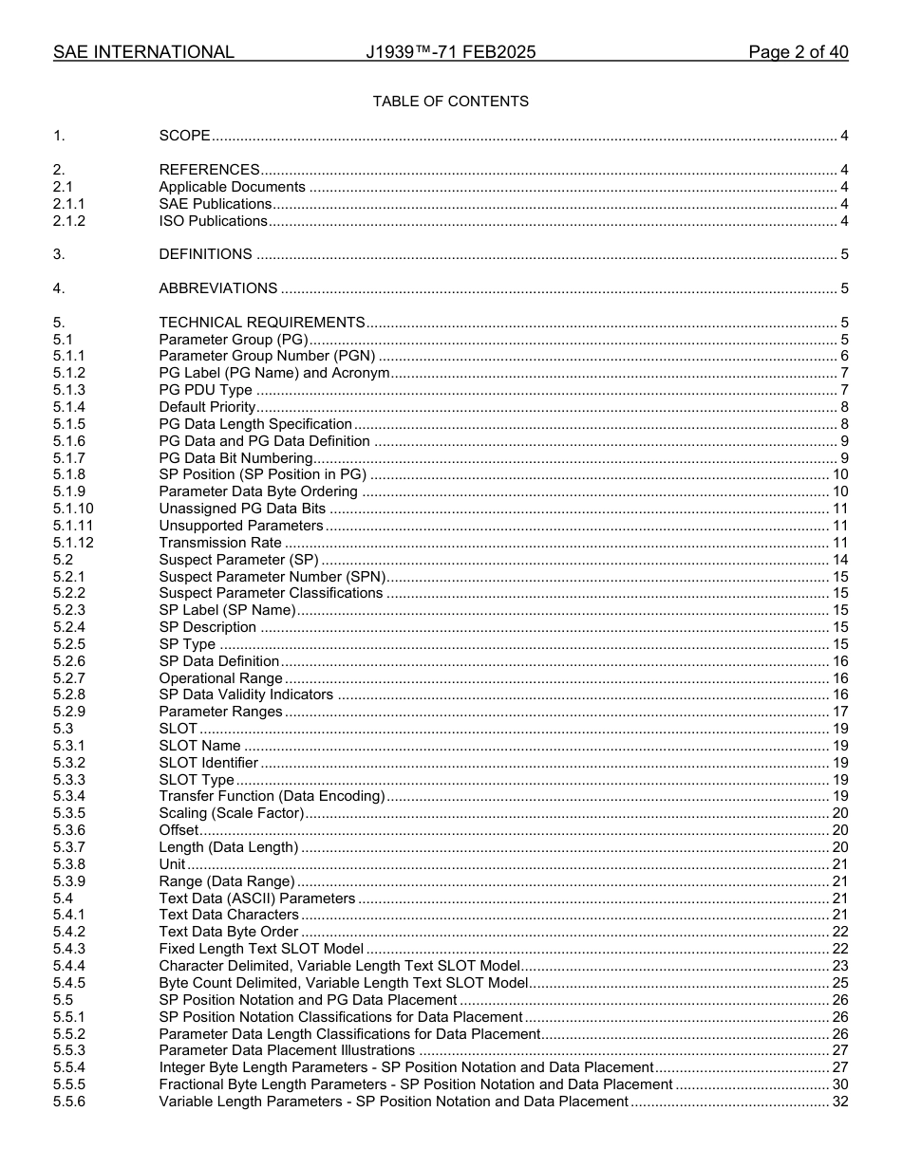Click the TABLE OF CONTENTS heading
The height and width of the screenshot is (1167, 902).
[x=450, y=102]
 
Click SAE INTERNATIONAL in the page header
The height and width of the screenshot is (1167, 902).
[x=143, y=52]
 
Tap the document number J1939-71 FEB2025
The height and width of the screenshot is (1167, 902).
[x=450, y=52]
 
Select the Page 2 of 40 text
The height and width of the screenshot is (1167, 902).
[x=798, y=52]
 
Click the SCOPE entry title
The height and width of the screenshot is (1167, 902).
[x=184, y=136]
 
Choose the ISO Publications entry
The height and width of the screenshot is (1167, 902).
[x=213, y=221]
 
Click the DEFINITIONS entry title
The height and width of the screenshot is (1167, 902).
[x=205, y=254]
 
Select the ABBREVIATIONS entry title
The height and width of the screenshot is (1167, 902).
[x=217, y=288]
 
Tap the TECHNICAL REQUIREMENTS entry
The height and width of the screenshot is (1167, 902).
[x=261, y=323]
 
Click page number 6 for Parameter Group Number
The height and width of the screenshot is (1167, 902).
[x=844, y=357]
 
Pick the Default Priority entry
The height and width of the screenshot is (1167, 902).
[x=207, y=407]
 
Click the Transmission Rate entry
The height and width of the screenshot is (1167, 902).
[x=219, y=543]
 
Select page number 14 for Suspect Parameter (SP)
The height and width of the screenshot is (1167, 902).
[x=840, y=560]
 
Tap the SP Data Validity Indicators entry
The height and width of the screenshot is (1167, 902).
[x=246, y=695]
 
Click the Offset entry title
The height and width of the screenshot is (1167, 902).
[x=179, y=830]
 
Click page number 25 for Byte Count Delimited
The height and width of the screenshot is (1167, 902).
[x=840, y=983]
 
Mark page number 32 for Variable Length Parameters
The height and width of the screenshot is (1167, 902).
[x=840, y=1102]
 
